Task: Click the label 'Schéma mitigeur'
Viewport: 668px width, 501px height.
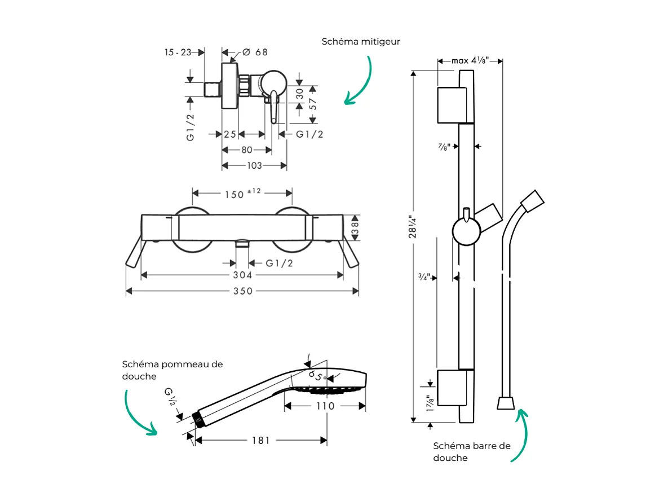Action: (361, 42)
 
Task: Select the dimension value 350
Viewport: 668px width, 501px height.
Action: (243, 291)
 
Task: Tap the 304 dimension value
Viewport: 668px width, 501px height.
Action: (243, 275)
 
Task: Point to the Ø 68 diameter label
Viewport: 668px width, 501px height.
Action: (254, 52)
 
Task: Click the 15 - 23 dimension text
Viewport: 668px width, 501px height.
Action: (177, 52)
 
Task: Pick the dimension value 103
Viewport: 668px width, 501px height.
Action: (255, 166)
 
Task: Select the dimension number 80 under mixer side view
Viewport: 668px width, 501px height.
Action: (246, 150)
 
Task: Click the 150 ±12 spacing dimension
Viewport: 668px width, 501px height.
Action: (243, 194)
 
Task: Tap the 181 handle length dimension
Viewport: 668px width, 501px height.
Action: (261, 440)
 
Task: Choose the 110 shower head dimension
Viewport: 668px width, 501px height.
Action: (325, 406)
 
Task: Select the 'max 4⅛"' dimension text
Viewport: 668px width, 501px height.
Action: (470, 60)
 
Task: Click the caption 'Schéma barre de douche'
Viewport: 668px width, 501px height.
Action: (472, 452)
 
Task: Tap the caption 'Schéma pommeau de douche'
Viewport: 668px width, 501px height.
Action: (172, 370)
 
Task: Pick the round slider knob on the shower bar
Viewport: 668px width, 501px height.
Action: (467, 232)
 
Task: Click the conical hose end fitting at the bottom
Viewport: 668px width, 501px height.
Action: (506, 403)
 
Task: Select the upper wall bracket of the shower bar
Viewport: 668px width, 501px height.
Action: (452, 105)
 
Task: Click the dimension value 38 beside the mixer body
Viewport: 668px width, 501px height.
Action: (355, 228)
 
